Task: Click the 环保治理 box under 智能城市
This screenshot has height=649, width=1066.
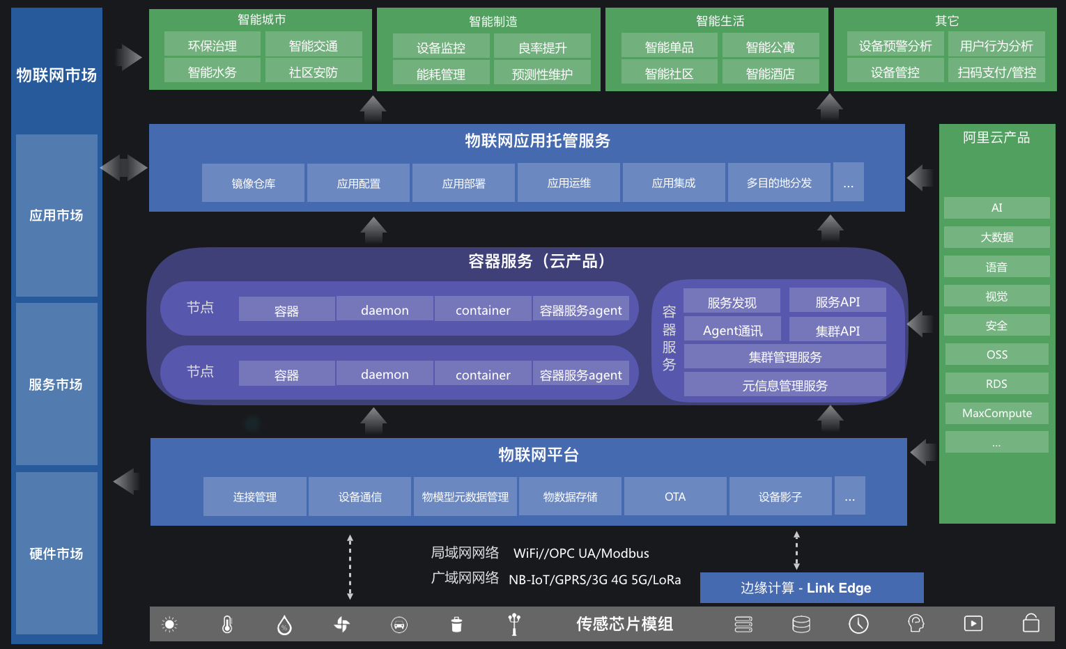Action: pos(213,45)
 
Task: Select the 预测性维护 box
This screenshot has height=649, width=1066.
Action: pos(542,74)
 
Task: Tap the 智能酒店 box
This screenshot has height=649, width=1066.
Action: pos(770,73)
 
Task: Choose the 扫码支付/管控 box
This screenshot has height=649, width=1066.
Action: pos(996,72)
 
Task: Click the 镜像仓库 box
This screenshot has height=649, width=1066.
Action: pos(253,183)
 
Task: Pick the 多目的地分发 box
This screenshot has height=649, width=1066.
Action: pos(779,183)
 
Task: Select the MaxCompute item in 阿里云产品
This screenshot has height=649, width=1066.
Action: pos(996,413)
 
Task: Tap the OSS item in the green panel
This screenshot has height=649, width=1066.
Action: pos(996,354)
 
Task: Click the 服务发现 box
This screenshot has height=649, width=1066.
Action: pos(732,302)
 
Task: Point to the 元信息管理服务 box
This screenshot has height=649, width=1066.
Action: pos(785,385)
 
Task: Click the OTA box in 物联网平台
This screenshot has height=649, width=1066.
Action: pos(674,496)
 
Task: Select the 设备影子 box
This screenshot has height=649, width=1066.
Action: pos(780,496)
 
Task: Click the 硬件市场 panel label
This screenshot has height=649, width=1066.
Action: pos(56,554)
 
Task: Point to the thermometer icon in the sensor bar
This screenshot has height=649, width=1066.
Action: pos(227,625)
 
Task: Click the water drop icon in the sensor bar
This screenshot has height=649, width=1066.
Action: pos(284,625)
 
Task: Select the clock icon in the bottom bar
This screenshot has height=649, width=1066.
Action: pos(858,624)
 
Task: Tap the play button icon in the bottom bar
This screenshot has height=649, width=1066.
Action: pos(973,624)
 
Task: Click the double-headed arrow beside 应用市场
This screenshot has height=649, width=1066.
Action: pos(124,168)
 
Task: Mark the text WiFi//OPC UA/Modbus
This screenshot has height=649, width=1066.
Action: pos(581,554)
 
